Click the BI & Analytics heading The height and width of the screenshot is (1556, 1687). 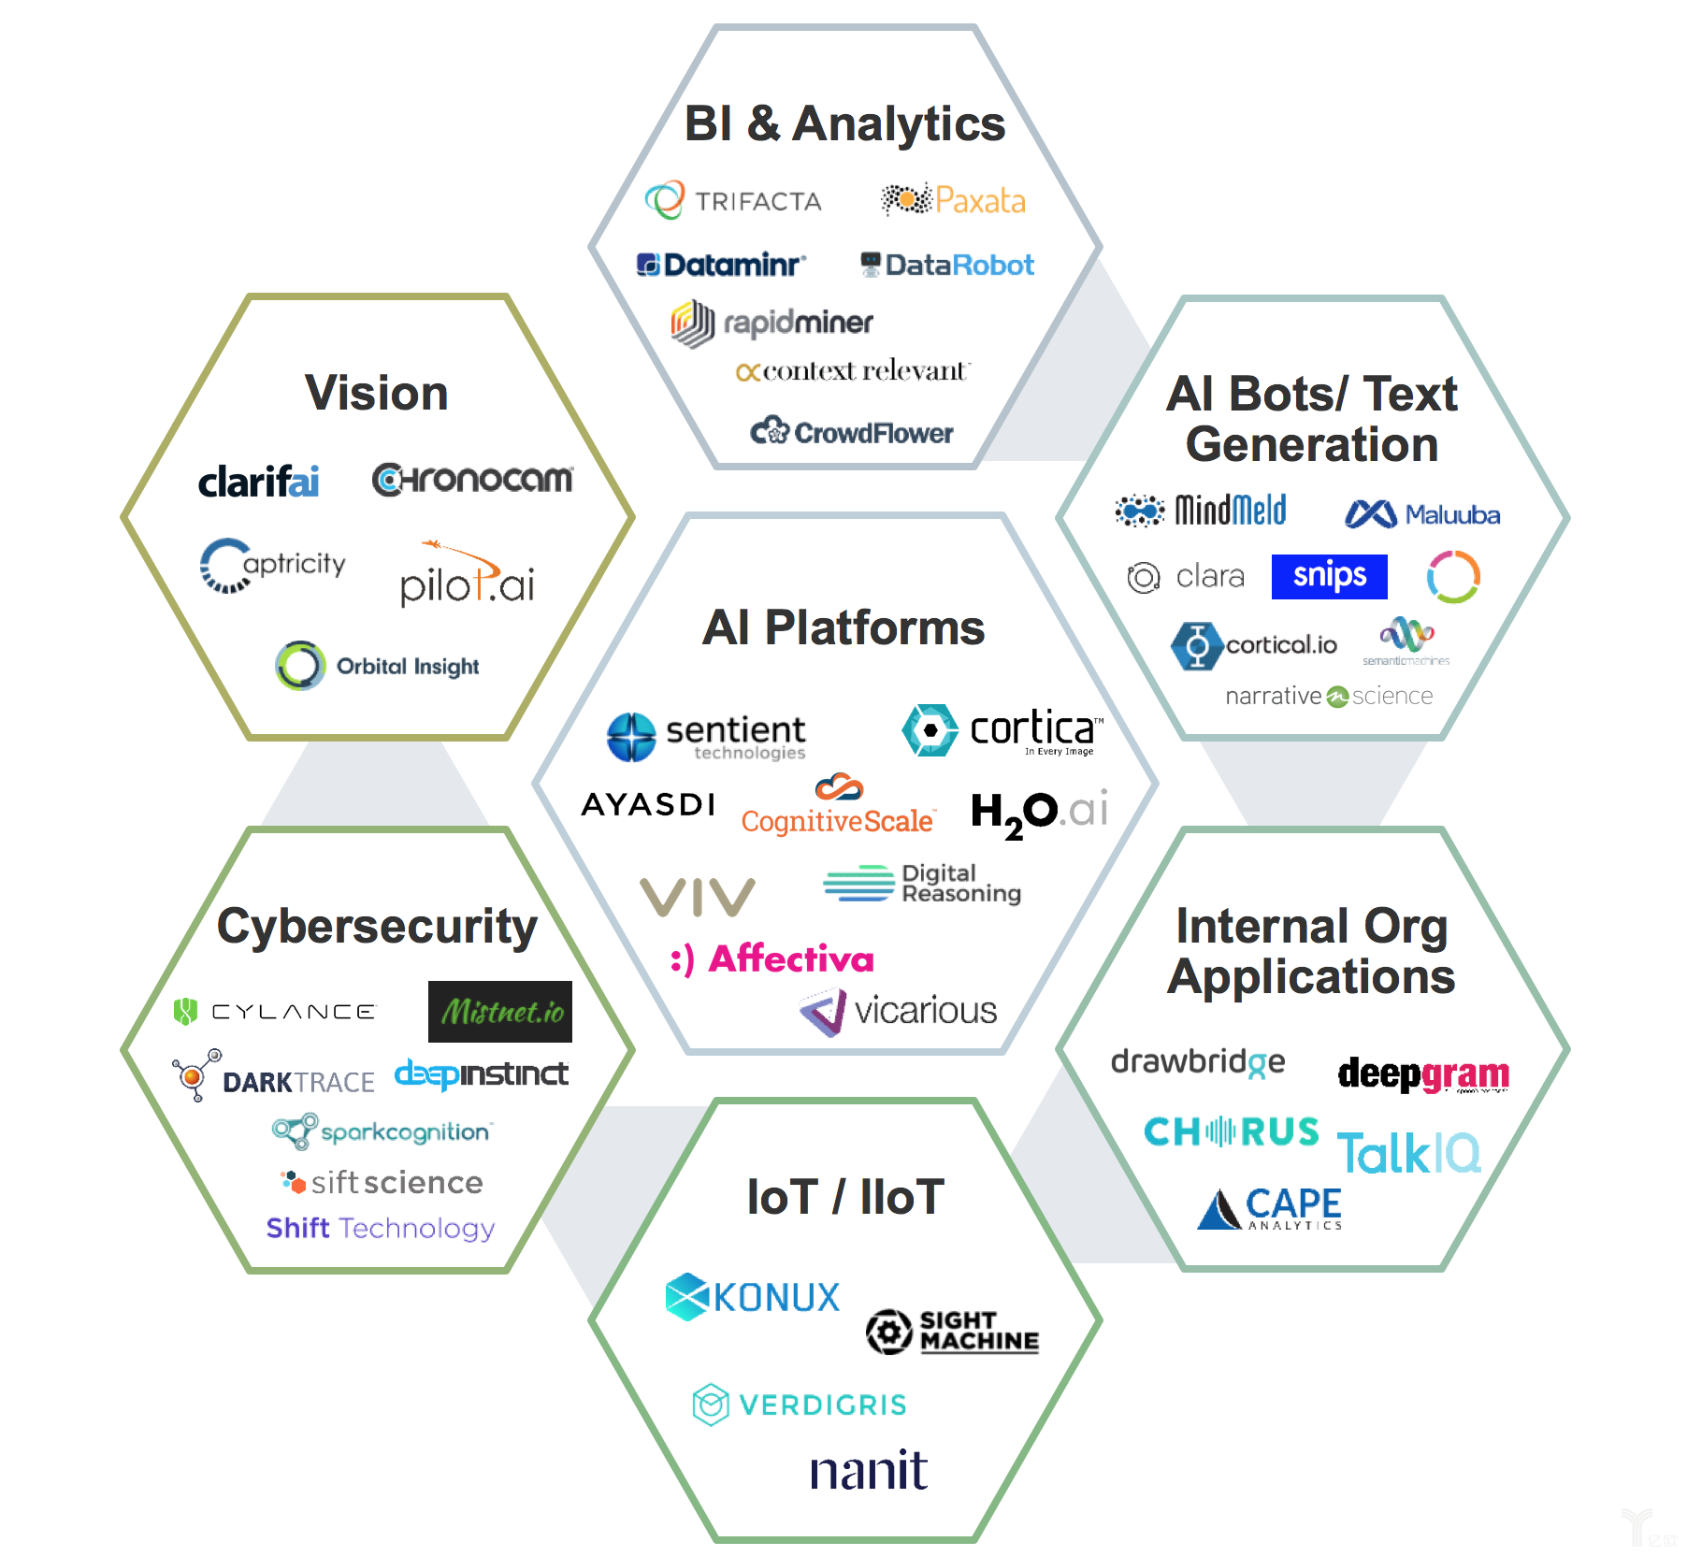844,123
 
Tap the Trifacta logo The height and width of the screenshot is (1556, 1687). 734,201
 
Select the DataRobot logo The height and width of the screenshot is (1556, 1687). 947,266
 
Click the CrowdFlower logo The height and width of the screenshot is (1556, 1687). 852,432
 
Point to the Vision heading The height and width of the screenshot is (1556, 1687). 376,393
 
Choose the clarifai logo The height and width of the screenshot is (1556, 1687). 258,482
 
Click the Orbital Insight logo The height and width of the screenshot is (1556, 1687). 378,666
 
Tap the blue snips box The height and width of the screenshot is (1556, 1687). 1329,576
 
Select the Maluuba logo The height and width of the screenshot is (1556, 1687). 1422,514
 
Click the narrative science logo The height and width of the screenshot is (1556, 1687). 1329,696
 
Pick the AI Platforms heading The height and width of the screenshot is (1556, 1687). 843,627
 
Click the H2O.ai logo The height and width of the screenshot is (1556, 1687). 1039,812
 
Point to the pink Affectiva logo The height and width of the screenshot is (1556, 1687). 772,959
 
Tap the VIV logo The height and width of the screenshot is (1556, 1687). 698,897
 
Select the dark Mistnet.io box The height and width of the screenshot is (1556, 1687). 500,1012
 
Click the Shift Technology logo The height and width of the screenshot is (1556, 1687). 381,1228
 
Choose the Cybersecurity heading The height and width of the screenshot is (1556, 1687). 377,927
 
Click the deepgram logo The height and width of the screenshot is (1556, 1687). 1423,1074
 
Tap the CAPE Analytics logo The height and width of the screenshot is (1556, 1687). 1271,1208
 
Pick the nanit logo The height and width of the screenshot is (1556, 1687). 869,1471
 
